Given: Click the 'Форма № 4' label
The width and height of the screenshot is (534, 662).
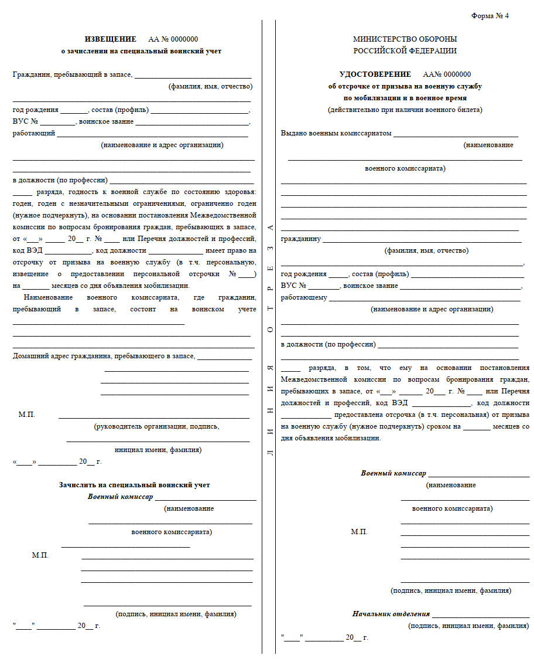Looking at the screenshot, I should tap(490, 16).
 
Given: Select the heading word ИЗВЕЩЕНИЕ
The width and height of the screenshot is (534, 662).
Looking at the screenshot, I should tap(111, 39).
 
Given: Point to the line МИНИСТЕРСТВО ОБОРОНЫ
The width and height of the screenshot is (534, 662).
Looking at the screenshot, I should tap(405, 39).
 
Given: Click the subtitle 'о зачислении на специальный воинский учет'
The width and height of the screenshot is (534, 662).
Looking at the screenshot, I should tap(141, 51).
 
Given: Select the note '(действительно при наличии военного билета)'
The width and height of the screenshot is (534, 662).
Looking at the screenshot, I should tap(405, 110).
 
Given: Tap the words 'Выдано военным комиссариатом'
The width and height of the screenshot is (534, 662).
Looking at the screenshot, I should tap(336, 134).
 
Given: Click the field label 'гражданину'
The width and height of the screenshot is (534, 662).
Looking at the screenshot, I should tap(301, 239).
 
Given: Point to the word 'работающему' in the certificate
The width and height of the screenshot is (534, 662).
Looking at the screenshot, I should tap(304, 298).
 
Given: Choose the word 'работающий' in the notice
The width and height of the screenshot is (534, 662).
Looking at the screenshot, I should tap(34, 134).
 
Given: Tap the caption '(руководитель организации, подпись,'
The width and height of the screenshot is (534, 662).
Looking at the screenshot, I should tap(156, 426).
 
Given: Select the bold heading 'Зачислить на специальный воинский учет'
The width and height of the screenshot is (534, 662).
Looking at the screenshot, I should tap(134, 485).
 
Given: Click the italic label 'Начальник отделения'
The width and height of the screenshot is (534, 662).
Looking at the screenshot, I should tap(391, 614).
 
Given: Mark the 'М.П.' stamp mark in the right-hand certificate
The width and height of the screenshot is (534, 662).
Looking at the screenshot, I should tap(359, 532).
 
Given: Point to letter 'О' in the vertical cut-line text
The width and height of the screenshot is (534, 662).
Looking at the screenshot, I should tap(270, 330).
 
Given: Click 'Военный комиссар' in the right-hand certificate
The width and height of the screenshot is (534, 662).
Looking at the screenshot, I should tap(393, 473).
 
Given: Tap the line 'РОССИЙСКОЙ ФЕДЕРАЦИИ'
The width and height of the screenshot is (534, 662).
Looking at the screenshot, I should tap(405, 51).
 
